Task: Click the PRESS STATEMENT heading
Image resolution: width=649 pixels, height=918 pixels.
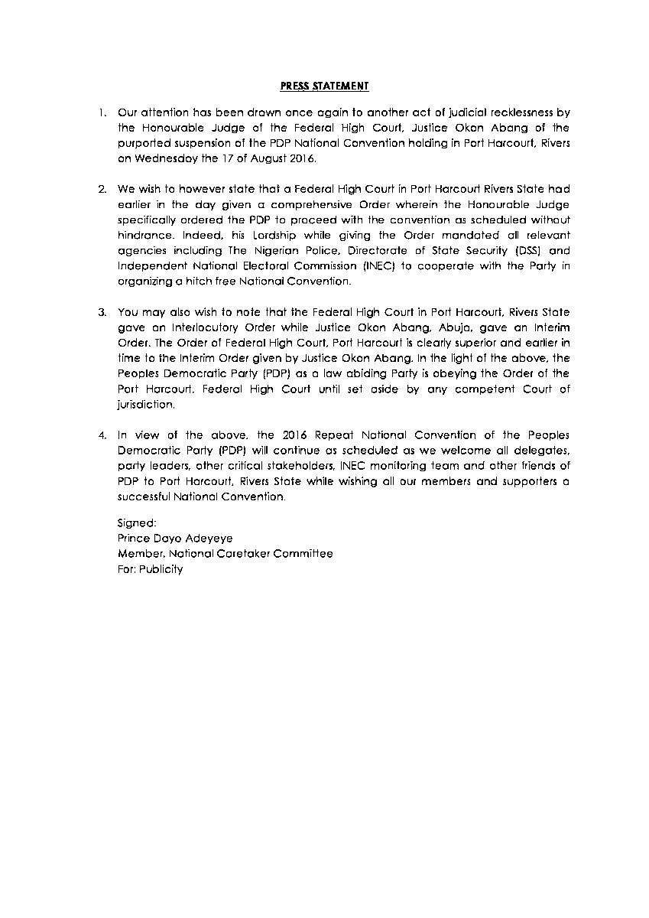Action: pyautogui.click(x=324, y=86)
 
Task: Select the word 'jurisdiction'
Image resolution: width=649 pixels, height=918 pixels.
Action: pyautogui.click(x=145, y=404)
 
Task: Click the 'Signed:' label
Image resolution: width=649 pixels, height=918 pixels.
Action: pyautogui.click(x=137, y=523)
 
